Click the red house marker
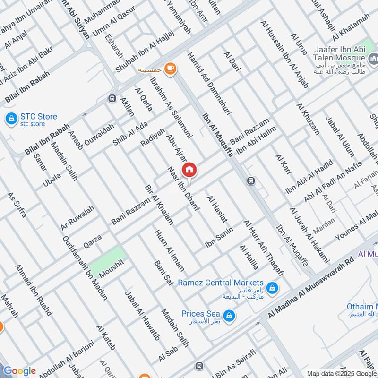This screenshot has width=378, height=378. [189, 169]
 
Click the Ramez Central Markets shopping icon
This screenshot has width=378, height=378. [272, 287]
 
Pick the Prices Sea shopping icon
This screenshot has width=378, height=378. [229, 315]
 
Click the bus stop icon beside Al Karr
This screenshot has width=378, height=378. [251, 180]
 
